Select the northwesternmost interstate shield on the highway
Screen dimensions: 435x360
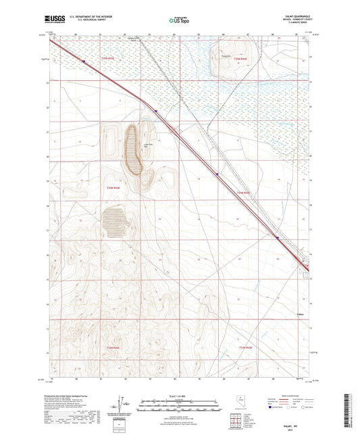click(83, 61)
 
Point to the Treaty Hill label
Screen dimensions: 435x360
click(227, 56)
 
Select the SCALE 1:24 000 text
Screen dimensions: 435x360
click(180, 395)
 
